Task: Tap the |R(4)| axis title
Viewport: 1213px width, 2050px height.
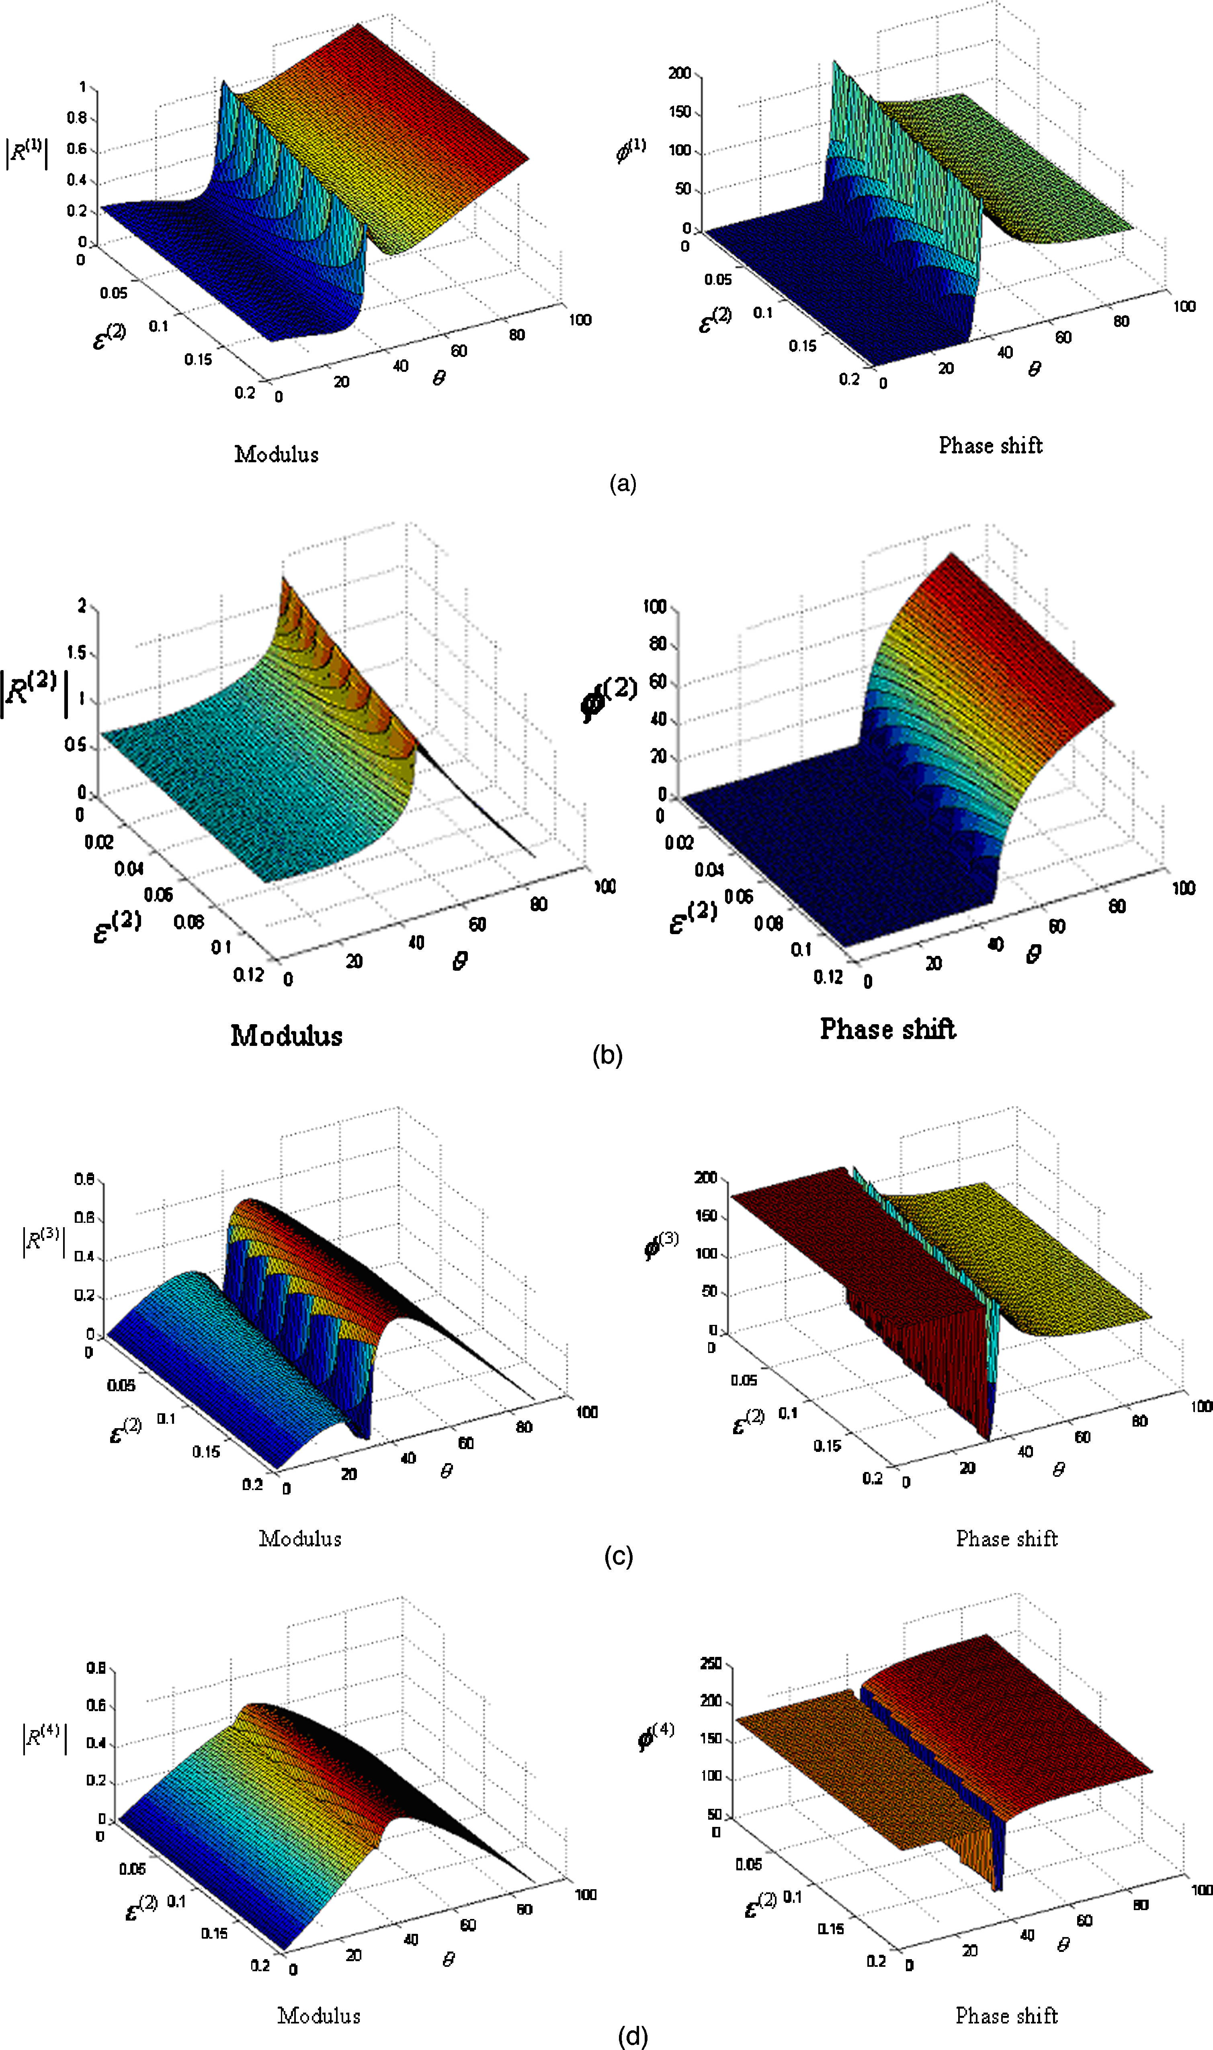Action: click(44, 1736)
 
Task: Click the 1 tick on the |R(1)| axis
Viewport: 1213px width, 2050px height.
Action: click(82, 87)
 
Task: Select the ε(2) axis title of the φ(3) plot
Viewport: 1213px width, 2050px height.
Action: click(747, 1421)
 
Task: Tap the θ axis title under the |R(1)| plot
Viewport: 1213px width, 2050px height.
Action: click(439, 379)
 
